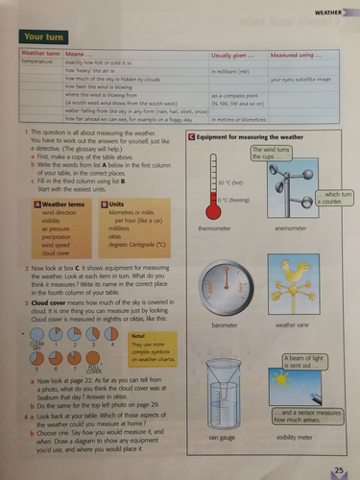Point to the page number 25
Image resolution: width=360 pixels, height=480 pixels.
pyautogui.click(x=339, y=468)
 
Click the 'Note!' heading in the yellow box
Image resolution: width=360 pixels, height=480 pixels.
pyautogui.click(x=138, y=335)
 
